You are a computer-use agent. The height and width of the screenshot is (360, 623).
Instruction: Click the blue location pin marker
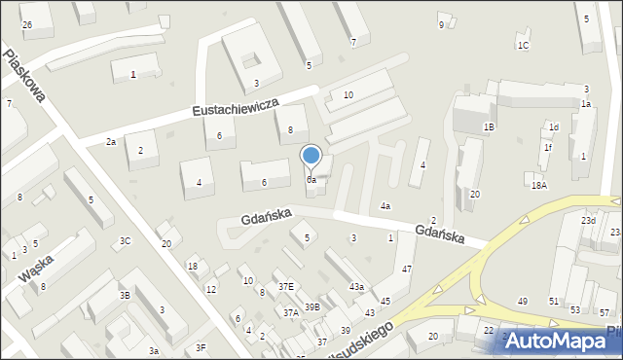click(x=311, y=156)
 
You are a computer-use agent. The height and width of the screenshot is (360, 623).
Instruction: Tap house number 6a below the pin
click(x=311, y=180)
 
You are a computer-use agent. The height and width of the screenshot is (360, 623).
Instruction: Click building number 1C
click(x=523, y=46)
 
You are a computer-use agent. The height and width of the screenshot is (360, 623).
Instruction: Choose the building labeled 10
click(x=348, y=94)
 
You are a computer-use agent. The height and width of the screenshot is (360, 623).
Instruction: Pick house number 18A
click(x=538, y=185)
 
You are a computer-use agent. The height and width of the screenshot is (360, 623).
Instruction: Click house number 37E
click(x=285, y=286)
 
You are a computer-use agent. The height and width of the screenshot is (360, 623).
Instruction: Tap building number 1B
click(x=490, y=126)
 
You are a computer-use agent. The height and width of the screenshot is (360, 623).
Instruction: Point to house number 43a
click(x=357, y=287)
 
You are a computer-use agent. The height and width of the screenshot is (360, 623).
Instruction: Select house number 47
click(x=407, y=269)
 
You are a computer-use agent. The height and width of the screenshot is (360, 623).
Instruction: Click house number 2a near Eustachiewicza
click(x=111, y=142)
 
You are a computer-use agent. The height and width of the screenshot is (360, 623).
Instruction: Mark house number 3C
click(x=125, y=240)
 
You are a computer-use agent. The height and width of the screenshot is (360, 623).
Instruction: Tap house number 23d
click(x=589, y=221)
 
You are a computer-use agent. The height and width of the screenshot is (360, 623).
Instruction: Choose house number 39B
click(x=311, y=306)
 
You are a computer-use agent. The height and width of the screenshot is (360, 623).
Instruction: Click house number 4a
click(x=385, y=206)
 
